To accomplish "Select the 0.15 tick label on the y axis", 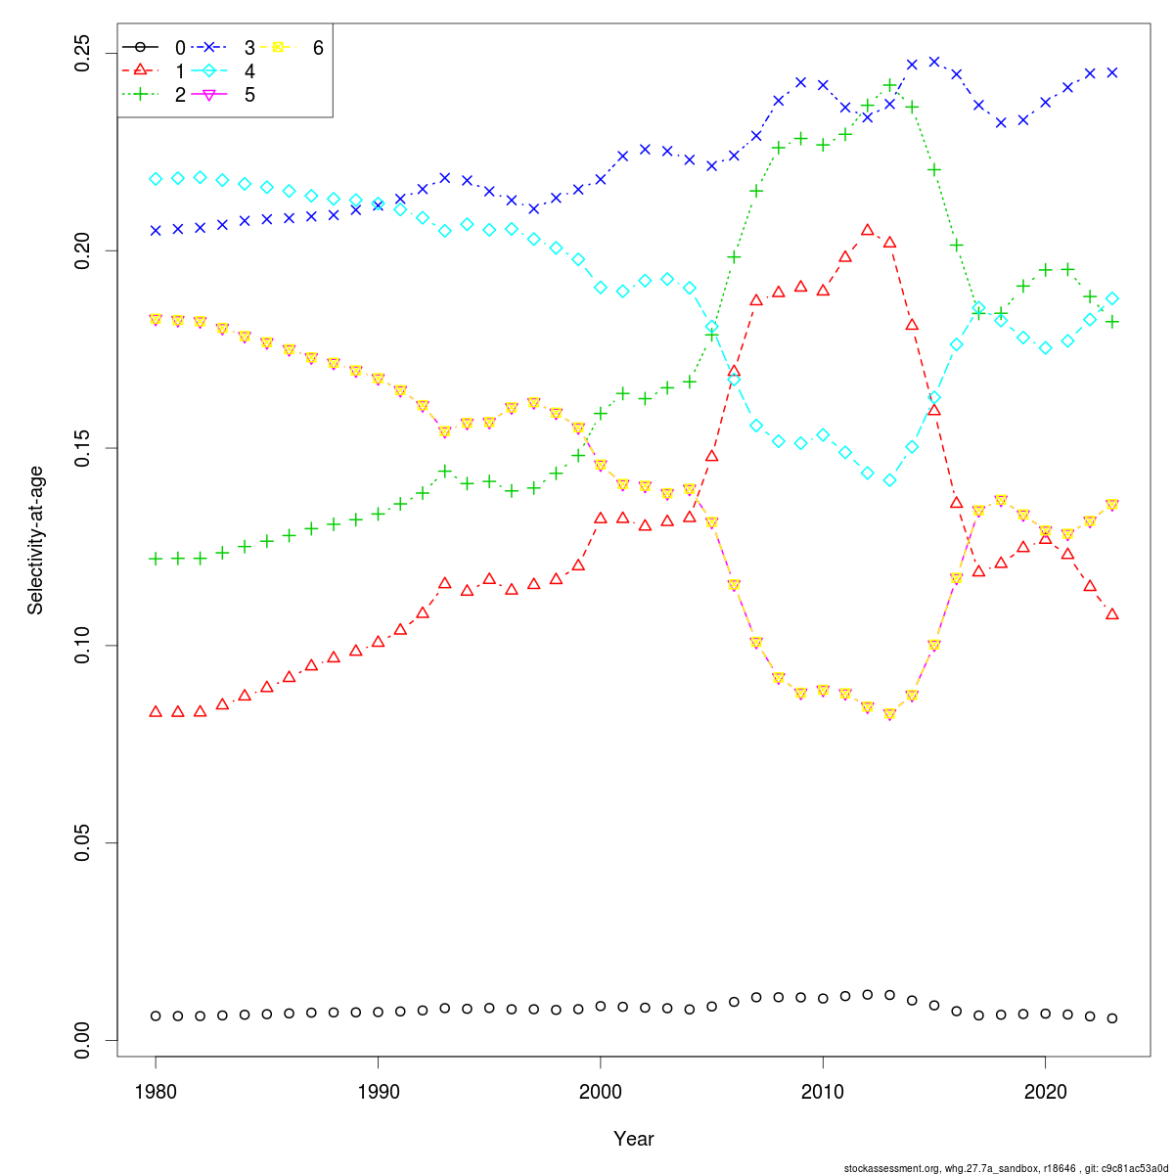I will point(83,448).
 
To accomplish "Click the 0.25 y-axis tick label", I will point(83,53).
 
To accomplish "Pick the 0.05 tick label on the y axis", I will point(83,843).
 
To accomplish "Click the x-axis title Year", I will point(633,1139).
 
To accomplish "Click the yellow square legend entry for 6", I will point(297,47).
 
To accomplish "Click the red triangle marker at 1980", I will point(156,711).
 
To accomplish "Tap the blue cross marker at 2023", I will point(1112,72).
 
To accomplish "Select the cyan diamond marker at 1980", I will point(156,179).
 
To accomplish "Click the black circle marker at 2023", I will point(1112,1018).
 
